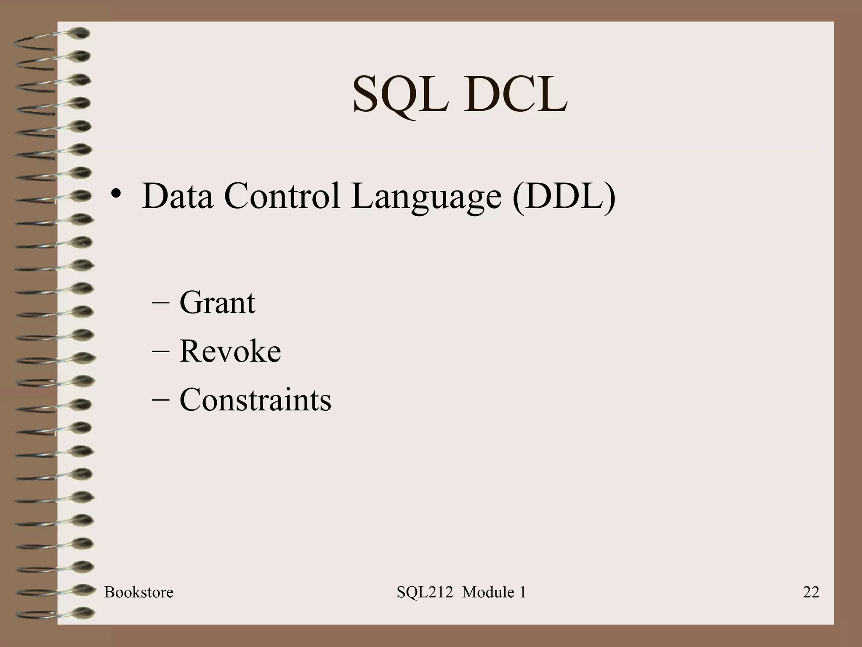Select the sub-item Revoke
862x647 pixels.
(230, 351)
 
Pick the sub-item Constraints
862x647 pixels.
(255, 399)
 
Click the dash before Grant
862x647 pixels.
(160, 303)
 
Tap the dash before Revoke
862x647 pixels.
(160, 351)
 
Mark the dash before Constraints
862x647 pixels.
(160, 400)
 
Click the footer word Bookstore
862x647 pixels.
(138, 592)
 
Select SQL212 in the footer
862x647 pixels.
(425, 592)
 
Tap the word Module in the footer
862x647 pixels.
(488, 592)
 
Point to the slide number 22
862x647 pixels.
(811, 592)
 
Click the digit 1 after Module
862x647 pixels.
(523, 592)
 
